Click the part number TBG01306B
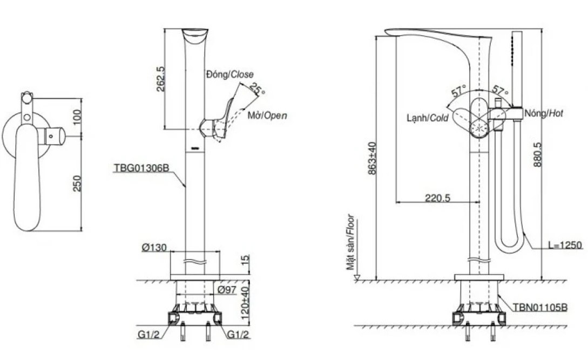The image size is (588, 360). coord(141,168)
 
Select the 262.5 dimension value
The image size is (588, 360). coord(161,79)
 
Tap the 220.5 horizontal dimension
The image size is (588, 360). coord(437,198)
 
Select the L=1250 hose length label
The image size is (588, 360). coord(565,246)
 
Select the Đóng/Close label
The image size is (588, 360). coord(229,74)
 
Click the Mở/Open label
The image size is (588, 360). coord(267,116)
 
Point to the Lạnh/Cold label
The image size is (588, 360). coord(427,118)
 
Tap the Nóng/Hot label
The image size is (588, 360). coord(544,113)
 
